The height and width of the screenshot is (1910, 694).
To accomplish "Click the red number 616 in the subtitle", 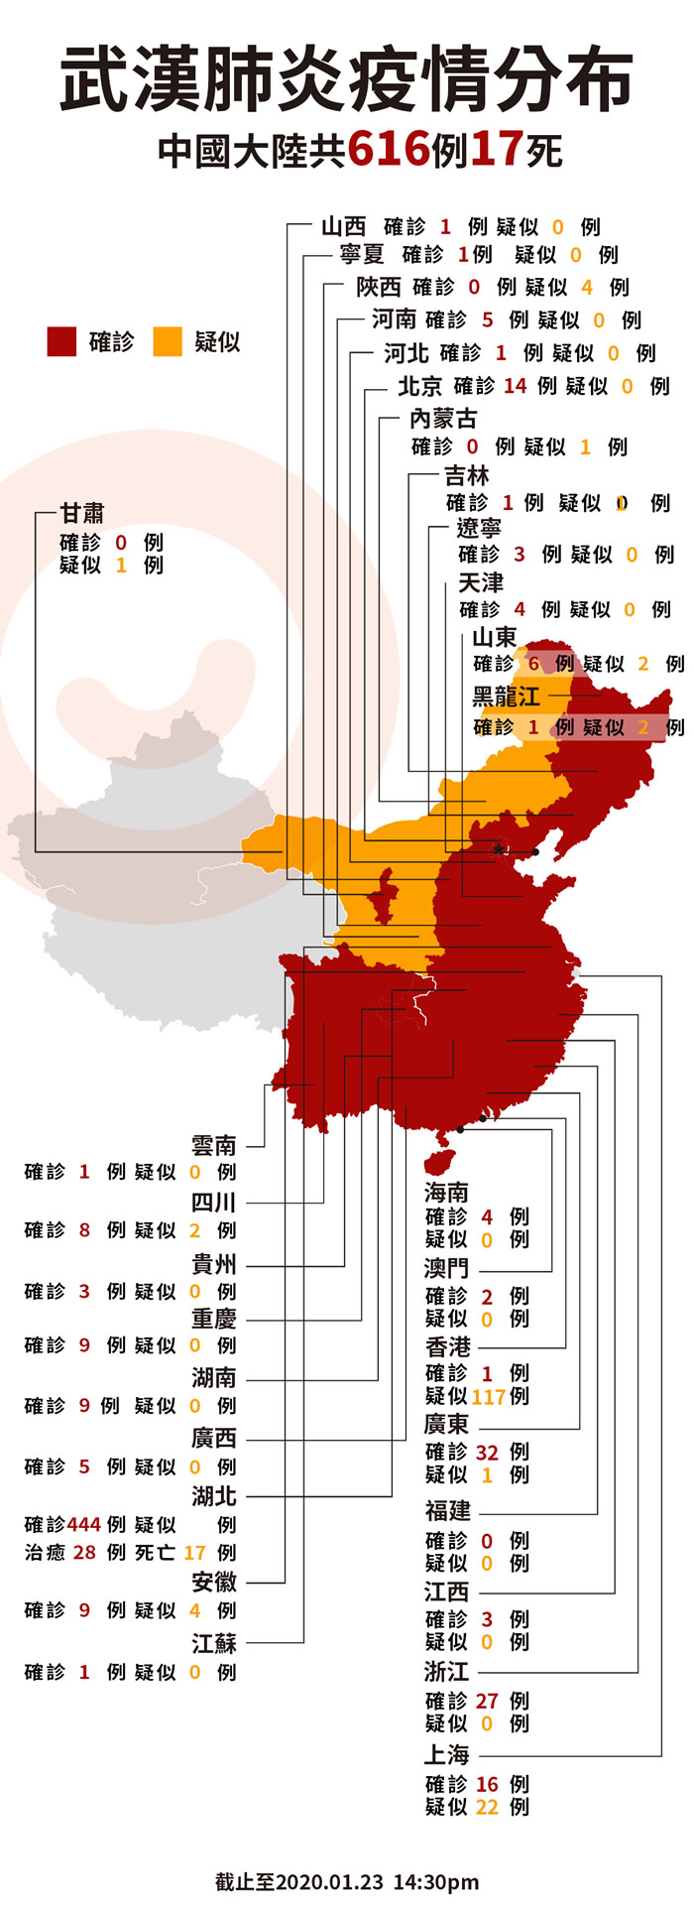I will (389, 150).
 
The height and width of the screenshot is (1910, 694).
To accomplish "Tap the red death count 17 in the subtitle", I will (497, 150).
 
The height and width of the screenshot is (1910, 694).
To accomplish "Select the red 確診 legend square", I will (61, 342).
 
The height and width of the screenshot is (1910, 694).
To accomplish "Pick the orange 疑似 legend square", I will (168, 342).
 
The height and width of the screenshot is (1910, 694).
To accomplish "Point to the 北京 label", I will (419, 386).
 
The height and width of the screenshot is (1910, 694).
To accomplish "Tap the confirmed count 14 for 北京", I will (515, 386).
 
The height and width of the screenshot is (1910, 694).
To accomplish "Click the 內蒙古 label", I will (442, 419).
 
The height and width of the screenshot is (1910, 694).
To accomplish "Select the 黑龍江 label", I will (506, 697).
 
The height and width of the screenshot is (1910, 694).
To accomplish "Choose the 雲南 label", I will (214, 1146).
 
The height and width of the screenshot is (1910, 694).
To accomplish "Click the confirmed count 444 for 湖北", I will (84, 1524).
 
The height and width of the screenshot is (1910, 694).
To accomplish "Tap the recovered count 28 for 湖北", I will (84, 1552).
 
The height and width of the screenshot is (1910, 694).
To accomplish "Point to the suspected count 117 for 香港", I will (489, 1396).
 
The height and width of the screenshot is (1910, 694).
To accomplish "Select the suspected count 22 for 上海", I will (487, 1807).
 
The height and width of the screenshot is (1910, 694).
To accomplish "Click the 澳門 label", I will (446, 1269).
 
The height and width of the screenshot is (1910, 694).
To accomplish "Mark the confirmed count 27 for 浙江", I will (487, 1701).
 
